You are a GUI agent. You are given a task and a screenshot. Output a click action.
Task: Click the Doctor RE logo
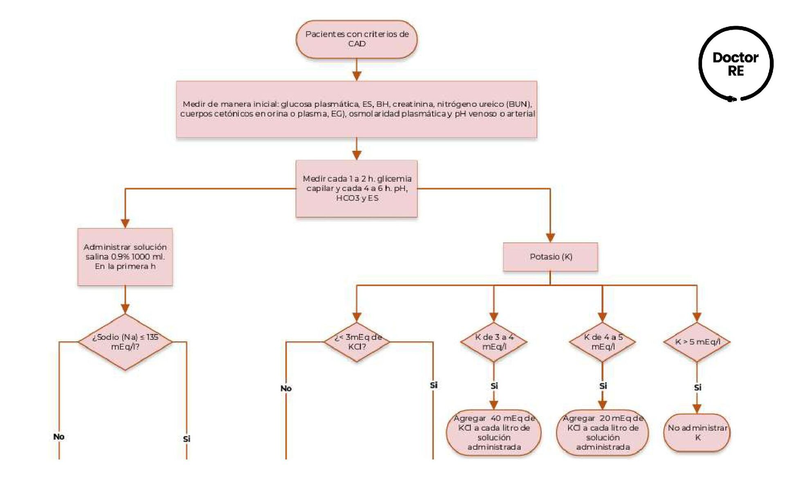[736, 64]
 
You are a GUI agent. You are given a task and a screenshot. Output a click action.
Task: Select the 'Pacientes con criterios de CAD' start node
[357, 39]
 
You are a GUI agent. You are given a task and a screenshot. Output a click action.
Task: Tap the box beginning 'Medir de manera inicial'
[357, 109]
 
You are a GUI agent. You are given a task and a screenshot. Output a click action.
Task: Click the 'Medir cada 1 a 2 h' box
[357, 188]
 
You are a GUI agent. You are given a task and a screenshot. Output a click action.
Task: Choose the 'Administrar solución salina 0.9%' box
[125, 256]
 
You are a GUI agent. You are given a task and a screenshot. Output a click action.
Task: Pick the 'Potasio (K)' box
[550, 256]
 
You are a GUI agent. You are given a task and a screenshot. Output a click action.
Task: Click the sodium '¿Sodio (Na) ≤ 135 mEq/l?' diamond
[125, 342]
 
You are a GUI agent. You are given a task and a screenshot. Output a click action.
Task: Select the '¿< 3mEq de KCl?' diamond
[357, 342]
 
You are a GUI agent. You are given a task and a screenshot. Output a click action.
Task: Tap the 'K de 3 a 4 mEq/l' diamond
[494, 342]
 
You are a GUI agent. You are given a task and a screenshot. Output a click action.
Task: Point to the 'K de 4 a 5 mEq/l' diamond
[602, 342]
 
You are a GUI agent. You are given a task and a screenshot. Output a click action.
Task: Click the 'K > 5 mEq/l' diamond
[697, 342]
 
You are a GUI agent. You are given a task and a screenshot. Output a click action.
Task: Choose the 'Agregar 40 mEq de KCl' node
[494, 432]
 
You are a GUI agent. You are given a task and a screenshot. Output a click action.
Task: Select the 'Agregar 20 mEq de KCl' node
[602, 432]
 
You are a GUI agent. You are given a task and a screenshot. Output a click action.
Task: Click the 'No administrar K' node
[697, 432]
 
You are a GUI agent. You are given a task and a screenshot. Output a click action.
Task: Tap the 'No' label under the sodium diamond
[59, 436]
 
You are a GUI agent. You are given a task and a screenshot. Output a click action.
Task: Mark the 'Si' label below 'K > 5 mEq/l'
[698, 387]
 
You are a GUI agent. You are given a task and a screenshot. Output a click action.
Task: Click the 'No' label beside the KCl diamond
[286, 388]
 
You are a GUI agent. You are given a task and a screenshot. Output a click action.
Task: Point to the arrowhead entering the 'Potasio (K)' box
[550, 238]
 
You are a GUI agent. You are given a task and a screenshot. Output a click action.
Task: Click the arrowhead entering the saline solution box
[125, 223]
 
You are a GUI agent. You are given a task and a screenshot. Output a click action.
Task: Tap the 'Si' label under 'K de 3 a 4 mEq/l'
[494, 386]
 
